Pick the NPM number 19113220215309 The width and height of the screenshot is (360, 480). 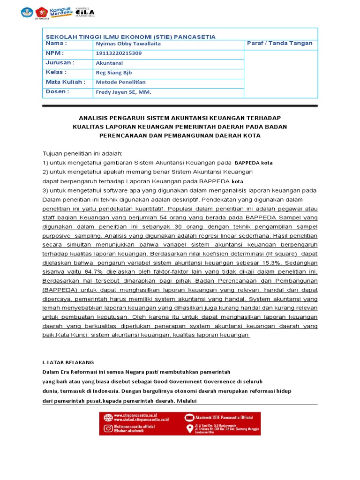[x=119, y=53]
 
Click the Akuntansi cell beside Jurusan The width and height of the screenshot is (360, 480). [x=109, y=62]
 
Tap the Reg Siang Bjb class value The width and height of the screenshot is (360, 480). [x=114, y=72]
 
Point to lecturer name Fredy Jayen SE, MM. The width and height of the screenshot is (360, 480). [x=124, y=92]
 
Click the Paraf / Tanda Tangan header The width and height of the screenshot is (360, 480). [x=279, y=43]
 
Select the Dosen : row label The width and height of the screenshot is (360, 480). [x=57, y=92]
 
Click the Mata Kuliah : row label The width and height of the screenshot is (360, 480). [x=65, y=82]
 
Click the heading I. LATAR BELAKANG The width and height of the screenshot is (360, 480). [x=68, y=362]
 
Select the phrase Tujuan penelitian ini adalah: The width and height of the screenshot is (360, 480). [x=82, y=153]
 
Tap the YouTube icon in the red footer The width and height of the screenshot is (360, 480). [x=189, y=417]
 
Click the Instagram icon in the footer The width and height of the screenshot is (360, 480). [x=107, y=428]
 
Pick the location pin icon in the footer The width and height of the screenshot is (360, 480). [x=190, y=428]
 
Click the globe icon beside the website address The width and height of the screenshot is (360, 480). [x=107, y=417]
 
